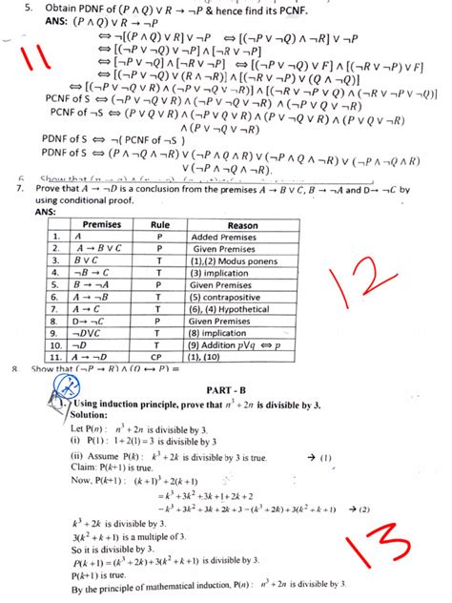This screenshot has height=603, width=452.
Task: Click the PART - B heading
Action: click(x=227, y=391)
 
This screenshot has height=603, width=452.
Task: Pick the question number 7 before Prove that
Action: click(x=20, y=190)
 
